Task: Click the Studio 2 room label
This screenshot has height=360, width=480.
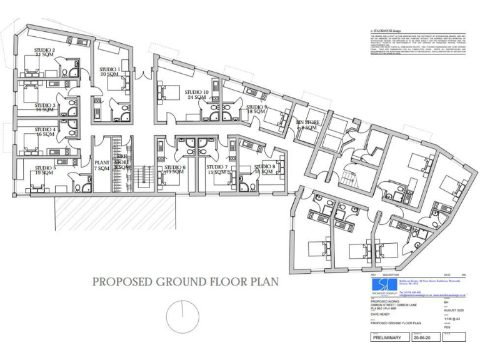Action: click(44, 52)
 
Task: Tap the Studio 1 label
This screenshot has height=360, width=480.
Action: click(110, 71)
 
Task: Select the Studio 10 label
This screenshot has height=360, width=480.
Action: click(196, 94)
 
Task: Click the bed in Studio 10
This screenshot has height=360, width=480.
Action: click(167, 92)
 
